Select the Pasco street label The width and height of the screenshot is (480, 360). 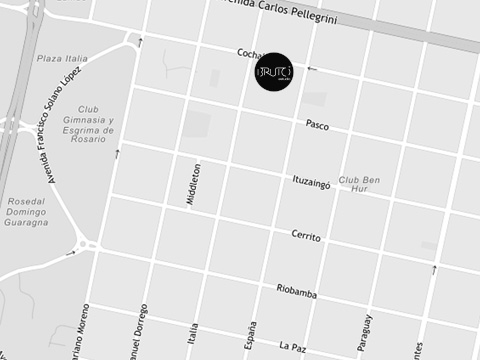click(317, 126)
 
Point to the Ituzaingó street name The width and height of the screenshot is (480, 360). click(310, 182)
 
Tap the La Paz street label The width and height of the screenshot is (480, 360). click(291, 346)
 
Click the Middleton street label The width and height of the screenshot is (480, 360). click(193, 184)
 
